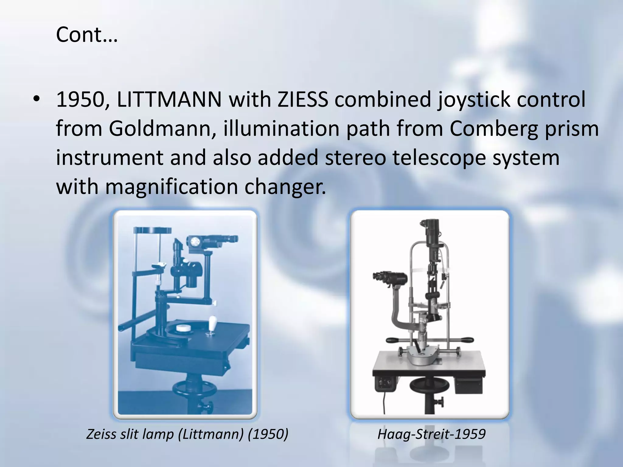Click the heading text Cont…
(86, 35)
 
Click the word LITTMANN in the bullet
(169, 100)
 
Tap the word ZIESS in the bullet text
(302, 100)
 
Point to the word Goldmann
(160, 129)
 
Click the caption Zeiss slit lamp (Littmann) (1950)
(187, 434)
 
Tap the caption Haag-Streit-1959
(431, 434)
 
